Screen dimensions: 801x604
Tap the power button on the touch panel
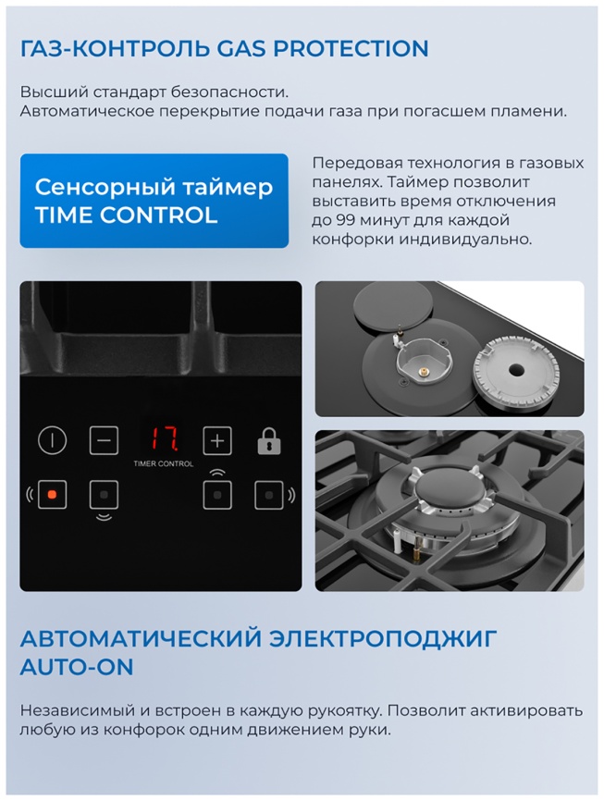[53, 440]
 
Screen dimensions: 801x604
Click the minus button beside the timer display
[104, 440]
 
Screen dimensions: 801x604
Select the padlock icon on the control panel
[268, 440]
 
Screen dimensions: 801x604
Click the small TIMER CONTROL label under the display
[163, 462]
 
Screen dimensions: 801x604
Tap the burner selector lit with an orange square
[53, 495]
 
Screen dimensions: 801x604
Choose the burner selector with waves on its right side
[268, 495]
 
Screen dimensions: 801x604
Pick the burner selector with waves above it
[216, 495]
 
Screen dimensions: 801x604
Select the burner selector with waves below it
[104, 495]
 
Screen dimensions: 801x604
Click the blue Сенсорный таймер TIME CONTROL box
[154, 201]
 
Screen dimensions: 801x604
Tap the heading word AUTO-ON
[77, 666]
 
